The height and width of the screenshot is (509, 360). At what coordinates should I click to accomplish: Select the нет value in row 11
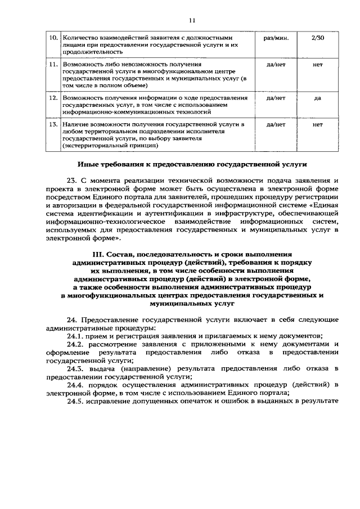coord(317,65)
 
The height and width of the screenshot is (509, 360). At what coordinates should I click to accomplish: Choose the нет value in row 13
coord(317,124)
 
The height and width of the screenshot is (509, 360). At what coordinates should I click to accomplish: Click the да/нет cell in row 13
coord(276,124)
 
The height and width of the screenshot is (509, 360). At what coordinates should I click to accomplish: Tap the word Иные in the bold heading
coord(89,165)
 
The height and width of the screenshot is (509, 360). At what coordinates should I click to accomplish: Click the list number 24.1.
coord(77,336)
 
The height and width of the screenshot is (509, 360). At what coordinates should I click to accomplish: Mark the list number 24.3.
coord(77,368)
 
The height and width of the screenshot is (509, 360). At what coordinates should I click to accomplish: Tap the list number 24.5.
coord(77,402)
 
